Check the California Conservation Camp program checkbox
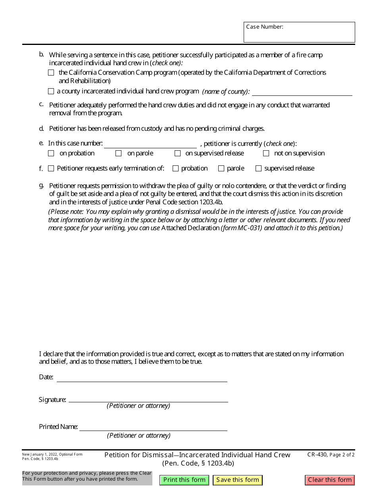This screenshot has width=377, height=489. tap(51, 73)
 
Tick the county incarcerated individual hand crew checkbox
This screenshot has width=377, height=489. tap(51, 91)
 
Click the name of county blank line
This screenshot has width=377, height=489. tap(302, 92)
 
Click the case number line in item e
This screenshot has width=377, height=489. tap(150, 144)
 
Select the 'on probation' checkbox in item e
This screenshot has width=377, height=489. tap(51, 153)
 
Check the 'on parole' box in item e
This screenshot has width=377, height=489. tap(118, 153)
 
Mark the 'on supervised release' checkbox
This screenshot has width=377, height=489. tap(177, 153)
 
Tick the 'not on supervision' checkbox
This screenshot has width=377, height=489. tap(266, 153)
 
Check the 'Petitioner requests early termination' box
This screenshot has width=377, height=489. tap(51, 169)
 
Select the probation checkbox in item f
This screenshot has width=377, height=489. tap(175, 169)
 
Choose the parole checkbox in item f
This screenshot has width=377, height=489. tap(221, 169)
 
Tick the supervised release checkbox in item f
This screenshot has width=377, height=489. tap(258, 169)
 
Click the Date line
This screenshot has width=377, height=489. tap(142, 378)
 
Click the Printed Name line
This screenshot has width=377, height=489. tap(153, 427)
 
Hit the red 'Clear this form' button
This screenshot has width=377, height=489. tap(330, 480)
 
